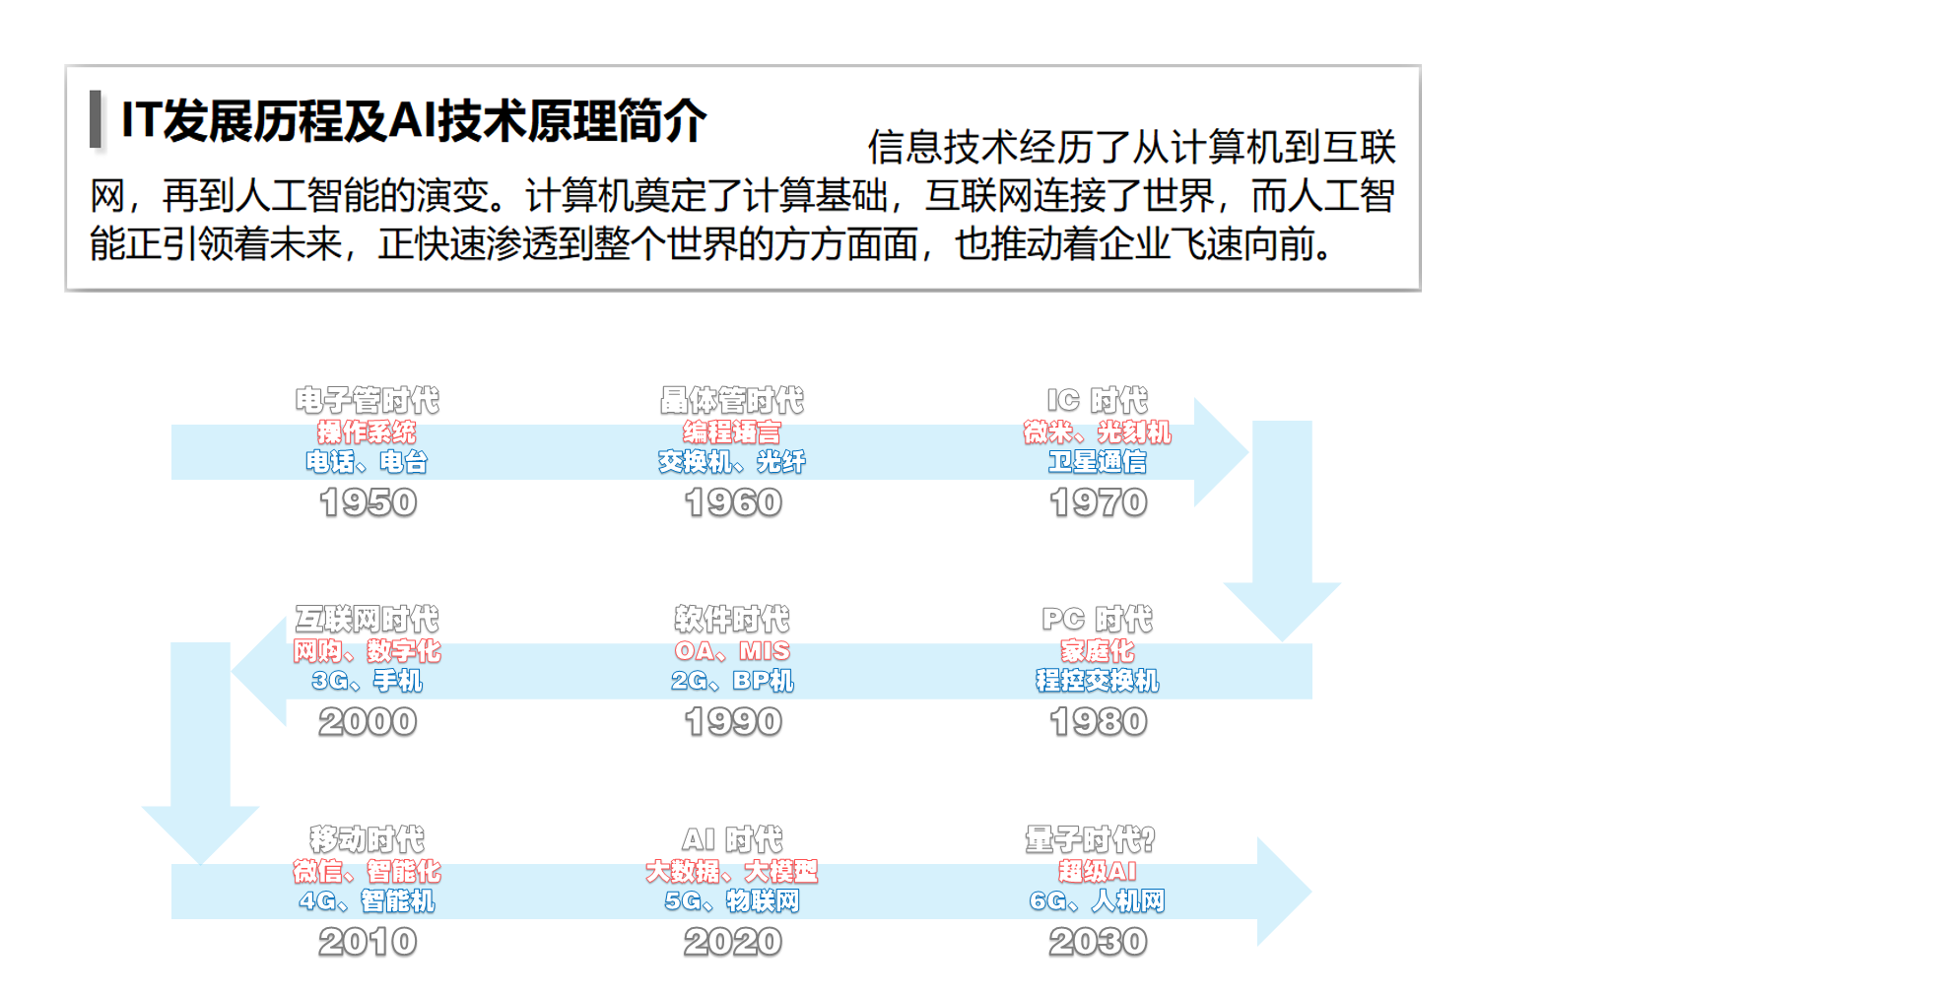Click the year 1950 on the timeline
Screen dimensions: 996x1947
click(x=368, y=502)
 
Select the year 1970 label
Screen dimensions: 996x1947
click(x=1098, y=502)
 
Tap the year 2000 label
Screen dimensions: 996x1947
click(x=368, y=722)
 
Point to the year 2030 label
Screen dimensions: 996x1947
click(x=1098, y=942)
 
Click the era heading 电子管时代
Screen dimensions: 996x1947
click(x=368, y=400)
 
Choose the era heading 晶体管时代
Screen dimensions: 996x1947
click(x=732, y=400)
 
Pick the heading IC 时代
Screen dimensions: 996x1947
click(x=1097, y=400)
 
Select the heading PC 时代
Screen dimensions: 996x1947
click(x=1097, y=620)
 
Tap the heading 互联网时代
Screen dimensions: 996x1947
click(x=368, y=620)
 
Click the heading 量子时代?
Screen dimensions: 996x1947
click(x=1090, y=839)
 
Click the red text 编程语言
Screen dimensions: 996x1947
click(x=732, y=432)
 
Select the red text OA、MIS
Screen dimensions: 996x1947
click(x=732, y=651)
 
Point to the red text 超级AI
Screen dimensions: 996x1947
click(x=1097, y=871)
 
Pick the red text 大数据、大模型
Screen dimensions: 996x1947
click(x=732, y=871)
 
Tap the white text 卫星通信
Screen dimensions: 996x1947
click(x=1097, y=462)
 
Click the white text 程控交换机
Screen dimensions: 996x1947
click(x=1097, y=681)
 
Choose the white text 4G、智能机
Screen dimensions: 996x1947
click(x=368, y=901)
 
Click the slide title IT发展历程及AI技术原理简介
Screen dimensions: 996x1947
click(x=414, y=121)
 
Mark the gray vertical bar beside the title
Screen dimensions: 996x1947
click(x=96, y=119)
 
